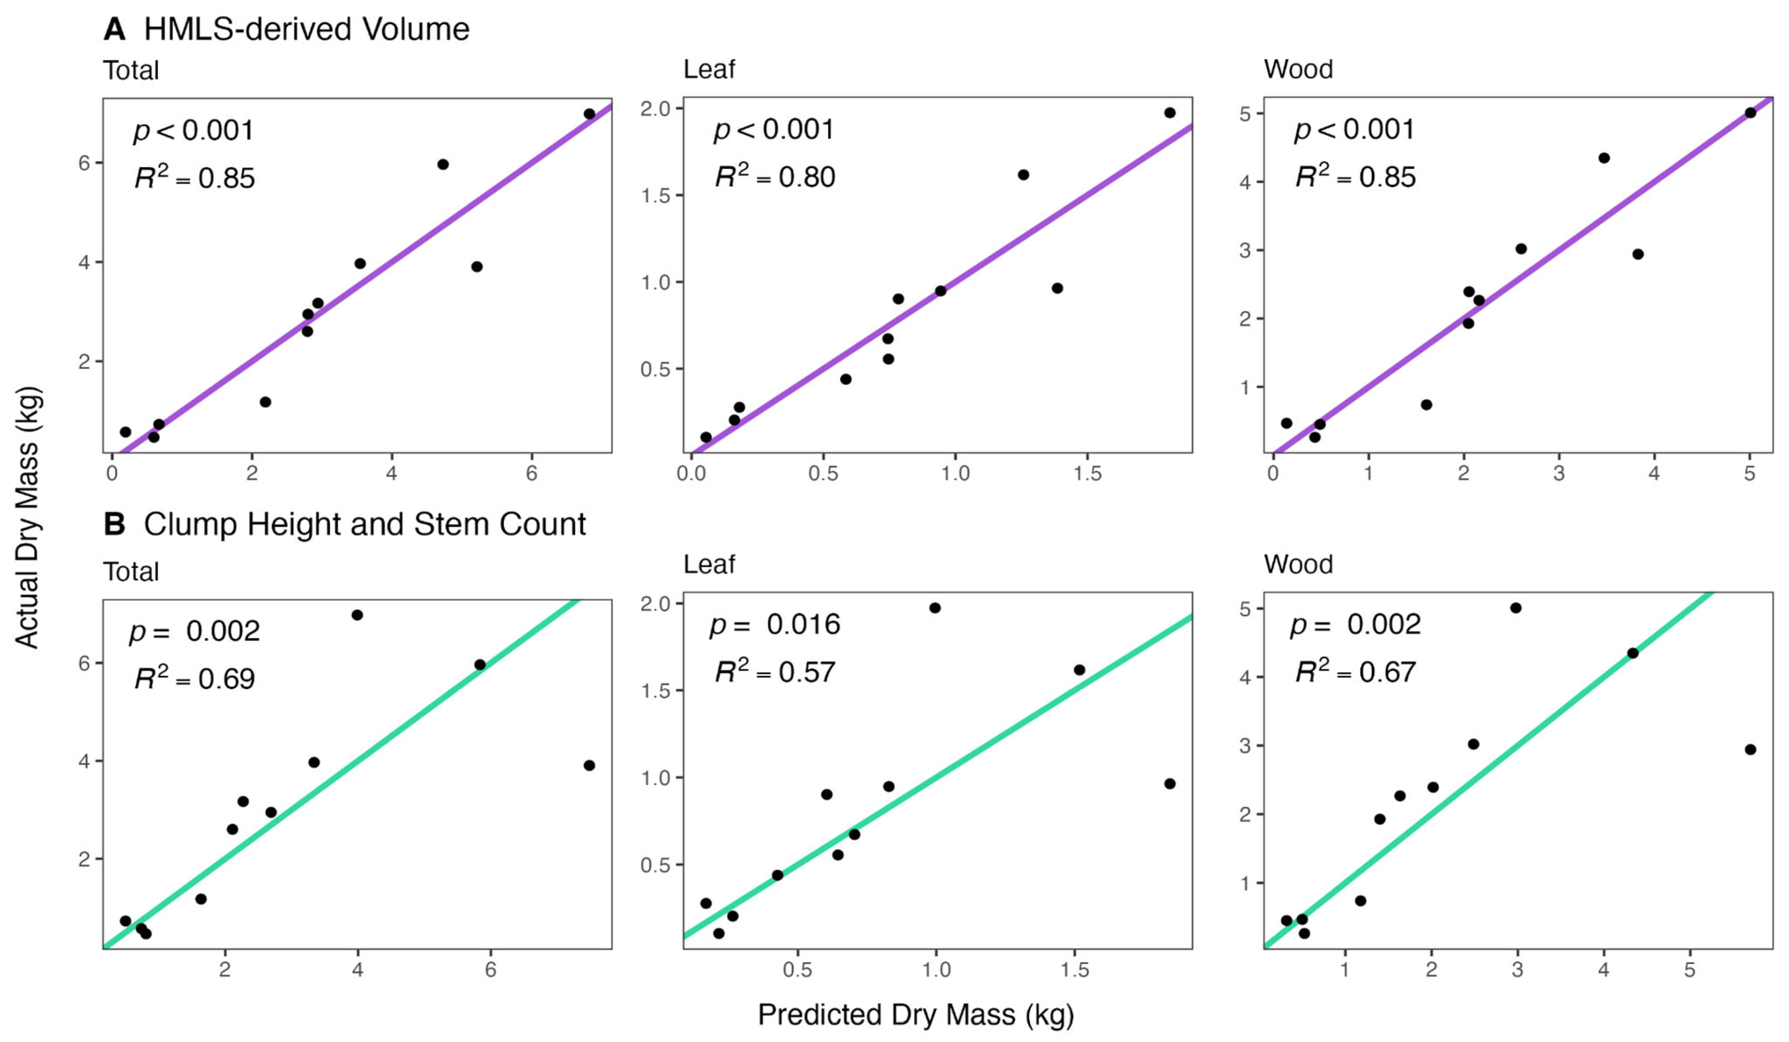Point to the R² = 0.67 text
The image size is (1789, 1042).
click(1355, 672)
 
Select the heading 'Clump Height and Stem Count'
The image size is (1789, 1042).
click(365, 525)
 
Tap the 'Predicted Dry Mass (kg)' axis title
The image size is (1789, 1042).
click(916, 1015)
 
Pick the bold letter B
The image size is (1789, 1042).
click(114, 525)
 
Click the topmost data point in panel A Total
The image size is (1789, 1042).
click(589, 113)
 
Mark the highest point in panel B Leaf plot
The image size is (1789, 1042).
click(935, 608)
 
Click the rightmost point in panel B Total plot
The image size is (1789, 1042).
click(589, 765)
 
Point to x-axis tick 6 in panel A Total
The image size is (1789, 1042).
click(532, 474)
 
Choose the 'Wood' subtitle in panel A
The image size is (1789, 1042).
click(1298, 70)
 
